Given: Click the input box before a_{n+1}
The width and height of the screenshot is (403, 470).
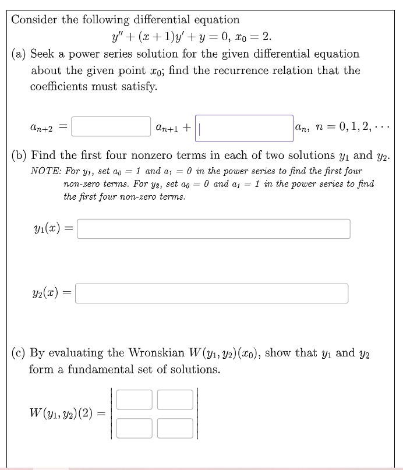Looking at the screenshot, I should coord(112,126).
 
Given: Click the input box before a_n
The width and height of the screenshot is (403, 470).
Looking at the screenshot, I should coord(244,128).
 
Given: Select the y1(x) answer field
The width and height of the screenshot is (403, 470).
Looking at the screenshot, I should coord(213,229).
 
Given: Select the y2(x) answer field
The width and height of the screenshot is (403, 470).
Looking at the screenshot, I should coord(212,293).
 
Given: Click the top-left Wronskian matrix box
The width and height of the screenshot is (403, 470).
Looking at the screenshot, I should coord(135,399).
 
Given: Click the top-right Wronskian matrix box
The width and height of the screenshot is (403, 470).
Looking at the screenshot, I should coord(175,399).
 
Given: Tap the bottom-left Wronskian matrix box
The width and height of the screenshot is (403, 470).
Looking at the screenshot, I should coord(135,428).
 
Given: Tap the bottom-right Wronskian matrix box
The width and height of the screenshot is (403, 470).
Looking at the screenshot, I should coord(175,428).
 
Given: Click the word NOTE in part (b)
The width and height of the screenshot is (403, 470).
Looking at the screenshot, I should coord(44,172).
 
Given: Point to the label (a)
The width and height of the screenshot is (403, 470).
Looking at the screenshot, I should coord(19,54).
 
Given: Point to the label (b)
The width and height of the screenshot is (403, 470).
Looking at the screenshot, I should coord(19,156).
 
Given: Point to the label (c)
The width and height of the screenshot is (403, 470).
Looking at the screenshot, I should coord(19,353).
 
